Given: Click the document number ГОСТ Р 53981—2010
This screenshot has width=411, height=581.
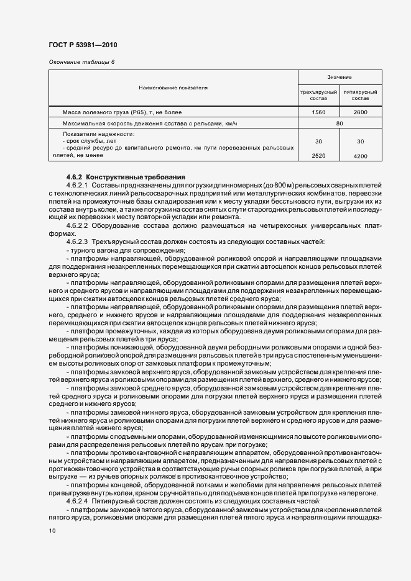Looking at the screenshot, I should [x=82, y=45].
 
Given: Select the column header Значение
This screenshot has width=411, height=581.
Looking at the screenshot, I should [x=340, y=77].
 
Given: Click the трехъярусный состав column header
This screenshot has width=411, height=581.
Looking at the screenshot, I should [x=318, y=95].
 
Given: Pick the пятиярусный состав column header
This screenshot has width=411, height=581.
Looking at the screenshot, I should [x=361, y=95].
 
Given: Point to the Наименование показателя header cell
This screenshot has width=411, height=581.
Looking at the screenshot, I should [x=173, y=88].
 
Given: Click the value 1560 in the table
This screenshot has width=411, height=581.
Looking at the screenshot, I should [x=318, y=112].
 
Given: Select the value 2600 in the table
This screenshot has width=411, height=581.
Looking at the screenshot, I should [x=361, y=112].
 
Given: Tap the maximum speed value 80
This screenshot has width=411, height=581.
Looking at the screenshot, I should [x=339, y=123].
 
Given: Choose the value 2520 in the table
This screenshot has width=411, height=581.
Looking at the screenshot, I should [x=318, y=157].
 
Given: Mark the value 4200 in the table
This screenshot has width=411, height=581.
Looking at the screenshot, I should [x=361, y=157].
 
